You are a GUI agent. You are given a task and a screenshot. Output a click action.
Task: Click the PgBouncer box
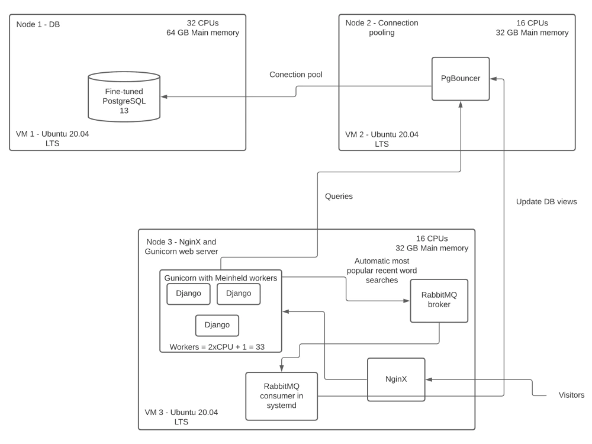461,78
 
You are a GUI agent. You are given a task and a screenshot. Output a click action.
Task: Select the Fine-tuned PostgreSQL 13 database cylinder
124,97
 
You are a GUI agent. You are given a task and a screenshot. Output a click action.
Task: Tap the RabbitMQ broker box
439,300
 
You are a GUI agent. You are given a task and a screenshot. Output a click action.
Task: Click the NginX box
395,379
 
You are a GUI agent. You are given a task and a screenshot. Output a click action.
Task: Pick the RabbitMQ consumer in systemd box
281,395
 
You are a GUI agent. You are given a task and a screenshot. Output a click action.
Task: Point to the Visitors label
571,395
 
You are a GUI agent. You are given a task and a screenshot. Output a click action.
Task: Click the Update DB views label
546,201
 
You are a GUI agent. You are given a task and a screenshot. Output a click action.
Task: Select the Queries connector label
339,196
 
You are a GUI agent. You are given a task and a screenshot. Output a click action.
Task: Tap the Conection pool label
296,75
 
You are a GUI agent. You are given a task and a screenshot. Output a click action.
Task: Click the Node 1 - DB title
38,24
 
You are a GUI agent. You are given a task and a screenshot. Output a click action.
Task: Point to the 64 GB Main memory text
203,33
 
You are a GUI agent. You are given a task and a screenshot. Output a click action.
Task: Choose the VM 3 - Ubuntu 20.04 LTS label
181,417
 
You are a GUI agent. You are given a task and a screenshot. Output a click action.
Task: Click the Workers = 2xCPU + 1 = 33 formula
217,346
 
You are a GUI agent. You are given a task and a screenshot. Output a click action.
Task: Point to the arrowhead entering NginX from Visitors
429,379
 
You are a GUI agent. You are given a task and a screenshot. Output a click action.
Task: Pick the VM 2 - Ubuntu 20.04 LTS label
381,139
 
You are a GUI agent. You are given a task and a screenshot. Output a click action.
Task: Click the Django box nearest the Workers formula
217,325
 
